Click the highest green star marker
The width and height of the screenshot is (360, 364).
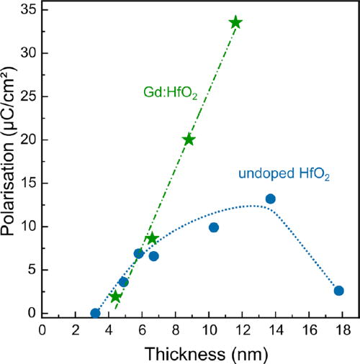coord(235,22)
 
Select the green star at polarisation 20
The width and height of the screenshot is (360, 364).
coord(189,140)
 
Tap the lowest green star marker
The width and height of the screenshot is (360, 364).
coord(116,296)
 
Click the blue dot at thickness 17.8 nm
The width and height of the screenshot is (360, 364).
coord(339,291)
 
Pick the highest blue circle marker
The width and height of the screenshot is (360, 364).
coord(271,199)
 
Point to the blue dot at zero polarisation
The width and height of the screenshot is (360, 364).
coord(95,314)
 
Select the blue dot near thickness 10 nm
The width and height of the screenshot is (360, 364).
coord(214,227)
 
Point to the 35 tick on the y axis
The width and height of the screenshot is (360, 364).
coord(28,10)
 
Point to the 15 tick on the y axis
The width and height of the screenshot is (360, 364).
coord(28,183)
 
